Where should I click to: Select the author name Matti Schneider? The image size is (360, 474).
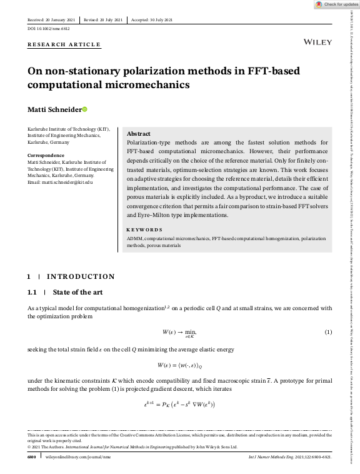point(54,110)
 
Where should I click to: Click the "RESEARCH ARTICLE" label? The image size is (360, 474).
point(64,45)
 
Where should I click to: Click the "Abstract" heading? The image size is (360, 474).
point(138,134)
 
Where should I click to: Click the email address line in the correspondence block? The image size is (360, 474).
point(60,182)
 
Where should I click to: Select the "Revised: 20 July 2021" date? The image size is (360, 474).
point(104,19)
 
